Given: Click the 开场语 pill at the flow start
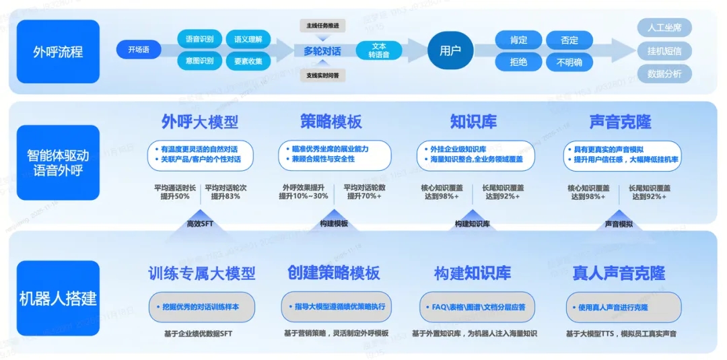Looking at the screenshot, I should pyautogui.click(x=138, y=49).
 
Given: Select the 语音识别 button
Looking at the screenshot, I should pyautogui.click(x=199, y=39).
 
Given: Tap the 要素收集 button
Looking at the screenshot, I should pyautogui.click(x=248, y=61).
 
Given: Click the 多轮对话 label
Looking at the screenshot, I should pyautogui.click(x=322, y=51).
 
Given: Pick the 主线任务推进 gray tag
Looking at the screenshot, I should pyautogui.click(x=322, y=26).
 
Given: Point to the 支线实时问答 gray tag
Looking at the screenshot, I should pyautogui.click(x=322, y=75).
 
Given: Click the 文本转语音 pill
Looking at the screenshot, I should pyautogui.click(x=379, y=50).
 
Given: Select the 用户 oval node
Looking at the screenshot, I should pyautogui.click(x=450, y=50).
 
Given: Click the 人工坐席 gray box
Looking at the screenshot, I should pyautogui.click(x=664, y=28).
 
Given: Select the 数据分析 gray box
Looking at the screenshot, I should pyautogui.click(x=664, y=73).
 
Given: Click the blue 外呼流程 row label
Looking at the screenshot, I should pyautogui.click(x=58, y=51).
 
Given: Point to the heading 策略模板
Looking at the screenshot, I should pyautogui.click(x=331, y=122).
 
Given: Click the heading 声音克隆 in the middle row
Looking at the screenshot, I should pyautogui.click(x=620, y=122).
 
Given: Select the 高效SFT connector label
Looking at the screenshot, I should pyautogui.click(x=200, y=224).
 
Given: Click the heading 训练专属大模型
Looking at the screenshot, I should pyautogui.click(x=202, y=273).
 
